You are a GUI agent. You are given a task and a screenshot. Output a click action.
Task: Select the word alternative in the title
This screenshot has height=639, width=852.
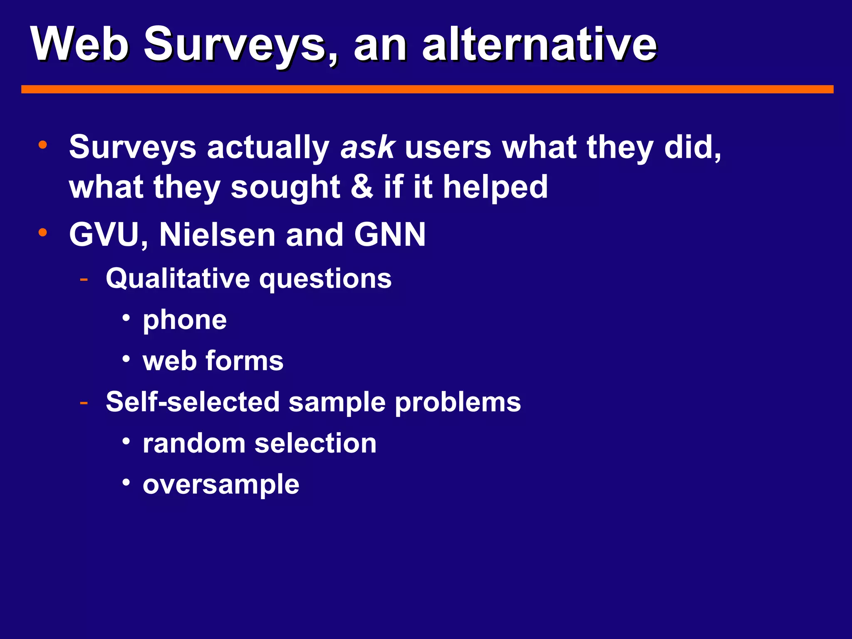[539, 44]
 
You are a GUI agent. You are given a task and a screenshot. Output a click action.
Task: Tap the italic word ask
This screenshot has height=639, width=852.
[367, 147]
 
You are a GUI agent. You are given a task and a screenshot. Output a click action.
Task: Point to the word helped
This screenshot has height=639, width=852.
[495, 187]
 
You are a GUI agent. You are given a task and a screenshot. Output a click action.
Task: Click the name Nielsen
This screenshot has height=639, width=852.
[217, 235]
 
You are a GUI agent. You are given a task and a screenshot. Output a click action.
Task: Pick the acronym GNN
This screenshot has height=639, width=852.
[390, 235]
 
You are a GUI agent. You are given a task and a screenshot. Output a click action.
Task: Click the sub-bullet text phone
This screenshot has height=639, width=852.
[185, 320]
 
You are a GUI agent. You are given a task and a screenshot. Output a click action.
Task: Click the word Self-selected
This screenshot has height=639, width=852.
[193, 402]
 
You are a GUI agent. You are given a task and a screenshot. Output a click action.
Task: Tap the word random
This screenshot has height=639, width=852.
[194, 443]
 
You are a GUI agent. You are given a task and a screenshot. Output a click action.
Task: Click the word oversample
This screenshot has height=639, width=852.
[221, 484]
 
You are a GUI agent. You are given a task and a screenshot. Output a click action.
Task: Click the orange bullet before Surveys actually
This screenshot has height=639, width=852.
[42, 145]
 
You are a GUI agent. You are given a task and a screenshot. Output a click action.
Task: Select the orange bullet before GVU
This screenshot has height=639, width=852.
[42, 233]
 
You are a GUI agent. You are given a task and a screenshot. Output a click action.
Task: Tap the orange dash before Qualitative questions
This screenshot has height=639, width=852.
[84, 278]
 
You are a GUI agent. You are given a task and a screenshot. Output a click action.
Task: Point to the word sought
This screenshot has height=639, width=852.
[285, 187]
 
